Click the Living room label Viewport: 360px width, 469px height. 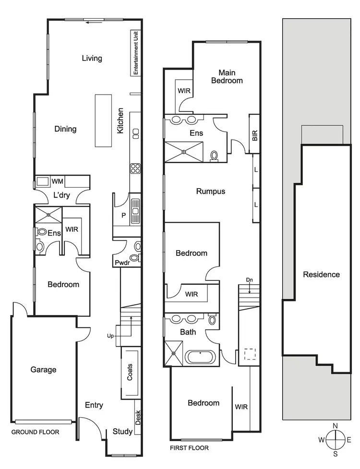point(92,59)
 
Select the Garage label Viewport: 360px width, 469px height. point(44,370)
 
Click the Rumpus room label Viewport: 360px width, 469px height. point(211,192)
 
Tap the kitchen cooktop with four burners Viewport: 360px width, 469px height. point(135,168)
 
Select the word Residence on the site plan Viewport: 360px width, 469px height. point(321,275)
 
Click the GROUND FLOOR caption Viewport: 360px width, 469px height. point(36,432)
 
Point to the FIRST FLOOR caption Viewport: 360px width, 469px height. point(190,448)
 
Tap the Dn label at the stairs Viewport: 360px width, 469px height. point(249,280)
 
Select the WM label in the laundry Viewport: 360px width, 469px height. point(58,181)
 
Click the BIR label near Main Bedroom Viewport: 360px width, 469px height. point(254,137)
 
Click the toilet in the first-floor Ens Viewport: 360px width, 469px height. point(215,156)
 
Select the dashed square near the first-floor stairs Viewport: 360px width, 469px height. point(250,354)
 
